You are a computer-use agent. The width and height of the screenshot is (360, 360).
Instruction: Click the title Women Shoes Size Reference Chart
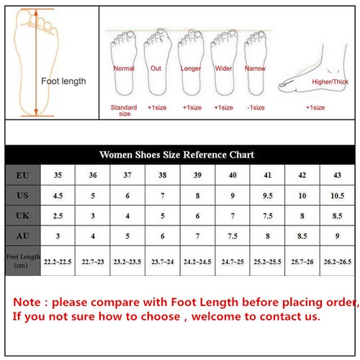pyautogui.click(x=176, y=155)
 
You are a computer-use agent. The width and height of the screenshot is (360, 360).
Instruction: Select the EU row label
pyautogui.click(x=22, y=175)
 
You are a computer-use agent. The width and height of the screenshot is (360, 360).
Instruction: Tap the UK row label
pyautogui.click(x=22, y=215)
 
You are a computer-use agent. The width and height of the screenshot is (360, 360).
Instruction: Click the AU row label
pyautogui.click(x=22, y=235)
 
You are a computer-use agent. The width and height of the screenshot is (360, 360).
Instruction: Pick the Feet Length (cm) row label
pyautogui.click(x=22, y=261)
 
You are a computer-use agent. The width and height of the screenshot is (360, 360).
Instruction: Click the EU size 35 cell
pyautogui.click(x=58, y=175)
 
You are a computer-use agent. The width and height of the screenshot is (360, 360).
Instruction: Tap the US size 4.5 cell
pyautogui.click(x=58, y=195)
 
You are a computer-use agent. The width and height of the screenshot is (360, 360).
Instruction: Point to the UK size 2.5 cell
pyautogui.click(x=58, y=215)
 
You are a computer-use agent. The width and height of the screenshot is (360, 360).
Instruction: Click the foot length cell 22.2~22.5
pyautogui.click(x=58, y=261)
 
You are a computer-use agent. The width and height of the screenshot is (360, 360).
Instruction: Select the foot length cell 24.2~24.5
pyautogui.click(x=198, y=261)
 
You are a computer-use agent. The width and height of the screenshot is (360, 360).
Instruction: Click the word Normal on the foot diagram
pyautogui.click(x=124, y=68)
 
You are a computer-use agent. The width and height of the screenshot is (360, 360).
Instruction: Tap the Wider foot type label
pyautogui.click(x=224, y=68)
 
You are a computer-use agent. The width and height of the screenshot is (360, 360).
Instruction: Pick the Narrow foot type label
pyautogui.click(x=256, y=68)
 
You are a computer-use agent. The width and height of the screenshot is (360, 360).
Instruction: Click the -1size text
pyautogui.click(x=256, y=107)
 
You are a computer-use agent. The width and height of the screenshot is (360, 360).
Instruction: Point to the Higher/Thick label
pyautogui.click(x=330, y=82)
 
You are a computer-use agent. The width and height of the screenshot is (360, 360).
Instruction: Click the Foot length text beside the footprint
pyautogui.click(x=63, y=81)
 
